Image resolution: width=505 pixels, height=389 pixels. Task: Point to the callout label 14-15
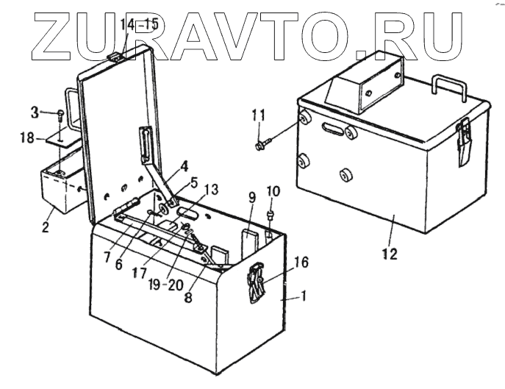140,24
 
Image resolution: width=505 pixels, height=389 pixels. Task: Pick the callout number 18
25,138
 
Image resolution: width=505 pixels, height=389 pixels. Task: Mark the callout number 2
46,226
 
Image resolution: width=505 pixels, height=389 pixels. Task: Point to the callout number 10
273,193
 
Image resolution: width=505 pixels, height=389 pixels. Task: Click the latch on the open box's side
256,282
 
